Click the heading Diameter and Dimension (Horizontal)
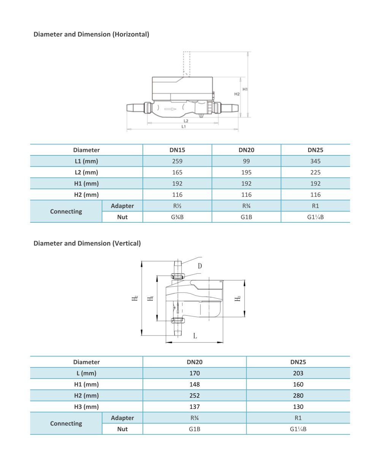pos(91,34)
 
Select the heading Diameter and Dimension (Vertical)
pos(87,243)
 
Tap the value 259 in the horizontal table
pos(177,161)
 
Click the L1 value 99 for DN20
pos(246,161)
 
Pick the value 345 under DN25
pos(315,161)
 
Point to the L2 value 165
pos(177,173)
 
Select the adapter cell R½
pos(177,206)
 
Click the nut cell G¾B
pos(177,217)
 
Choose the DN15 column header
pos(177,150)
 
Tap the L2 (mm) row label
pos(86,173)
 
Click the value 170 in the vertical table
pos(195,373)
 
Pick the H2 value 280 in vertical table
pos(298,396)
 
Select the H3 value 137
pos(195,407)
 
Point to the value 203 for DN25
pos(298,373)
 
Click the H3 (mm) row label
pos(86,407)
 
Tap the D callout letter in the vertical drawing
pos(200,266)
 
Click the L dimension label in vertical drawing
pos(195,336)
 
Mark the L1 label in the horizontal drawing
pos(184,127)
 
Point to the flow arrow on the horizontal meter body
pos(171,109)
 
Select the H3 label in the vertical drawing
pos(238,299)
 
